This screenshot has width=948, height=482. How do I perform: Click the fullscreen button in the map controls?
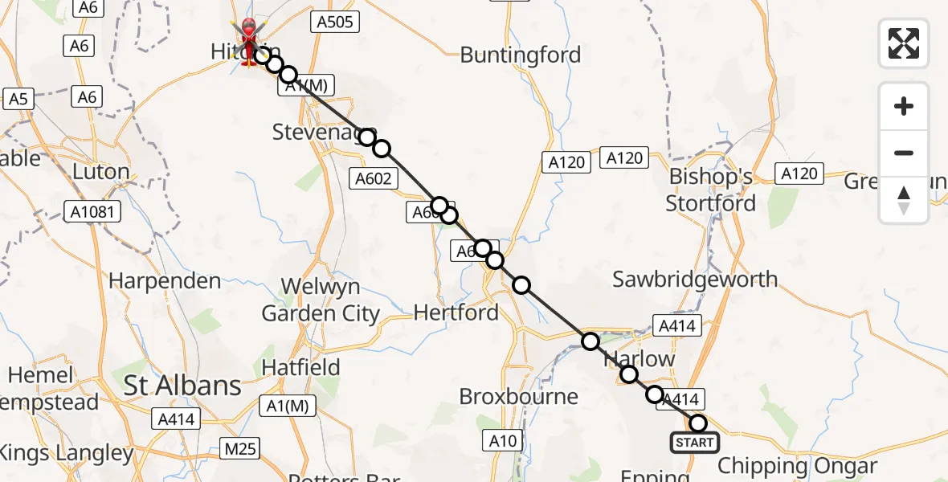[x=904, y=43]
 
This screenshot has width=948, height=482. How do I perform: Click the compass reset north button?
[x=904, y=200]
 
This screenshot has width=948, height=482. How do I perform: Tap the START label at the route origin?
[x=695, y=443]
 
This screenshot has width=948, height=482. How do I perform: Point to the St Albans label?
[x=182, y=386]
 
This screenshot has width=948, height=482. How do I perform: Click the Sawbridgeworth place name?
[x=695, y=279]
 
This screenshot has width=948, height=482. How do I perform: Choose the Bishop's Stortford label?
[x=711, y=190]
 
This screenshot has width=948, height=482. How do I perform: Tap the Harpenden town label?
[x=165, y=281]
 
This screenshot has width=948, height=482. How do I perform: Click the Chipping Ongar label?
[x=797, y=466]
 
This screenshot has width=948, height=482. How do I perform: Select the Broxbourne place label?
[x=518, y=396]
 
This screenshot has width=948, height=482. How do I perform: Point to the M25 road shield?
[x=241, y=448]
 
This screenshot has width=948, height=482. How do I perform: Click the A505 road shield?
[x=334, y=22]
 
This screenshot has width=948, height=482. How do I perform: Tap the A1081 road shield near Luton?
[x=93, y=213]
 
